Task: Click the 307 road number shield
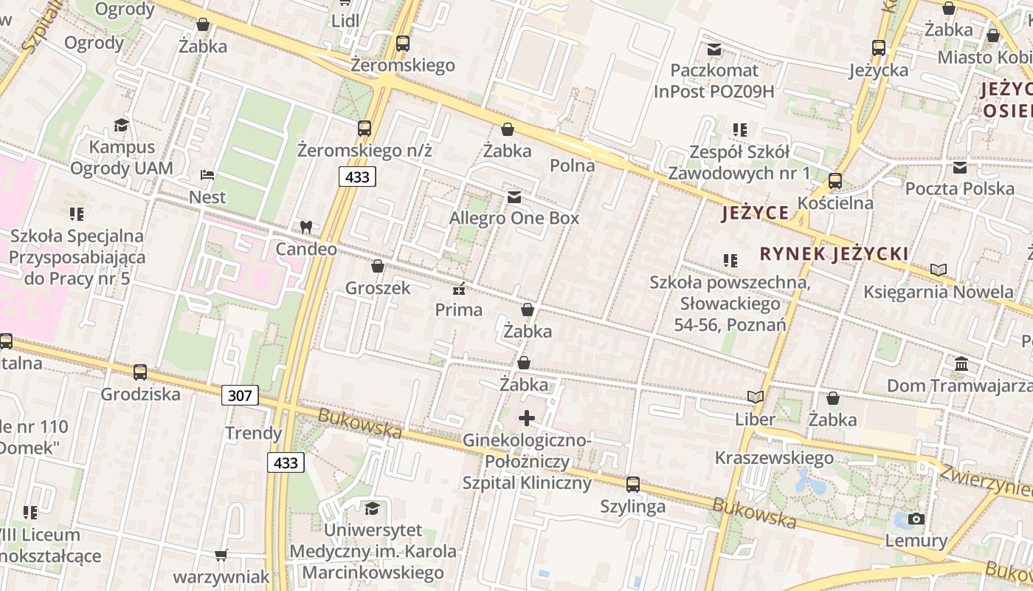click(x=240, y=395)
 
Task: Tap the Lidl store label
click(x=345, y=21)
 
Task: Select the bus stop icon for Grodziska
click(x=140, y=372)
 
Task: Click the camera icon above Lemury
click(x=916, y=519)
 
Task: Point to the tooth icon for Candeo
click(x=305, y=228)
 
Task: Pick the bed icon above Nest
click(x=207, y=176)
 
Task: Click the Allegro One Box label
click(x=514, y=219)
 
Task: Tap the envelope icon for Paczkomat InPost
click(x=714, y=49)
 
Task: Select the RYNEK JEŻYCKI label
click(x=834, y=254)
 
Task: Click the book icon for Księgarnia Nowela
click(x=939, y=270)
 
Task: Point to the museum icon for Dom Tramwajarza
click(x=961, y=364)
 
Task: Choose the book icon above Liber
click(x=755, y=397)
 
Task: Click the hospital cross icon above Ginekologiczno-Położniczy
click(x=526, y=419)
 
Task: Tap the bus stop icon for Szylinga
click(x=633, y=485)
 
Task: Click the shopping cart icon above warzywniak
click(x=221, y=555)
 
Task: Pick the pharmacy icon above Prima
click(x=458, y=288)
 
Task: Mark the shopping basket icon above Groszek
click(x=378, y=266)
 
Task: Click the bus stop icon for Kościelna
click(x=835, y=181)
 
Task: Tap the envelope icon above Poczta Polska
click(x=960, y=167)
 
